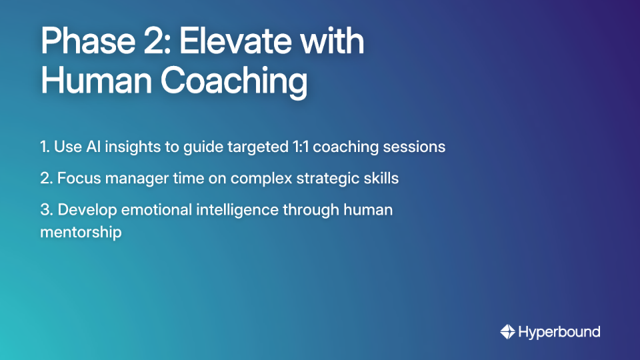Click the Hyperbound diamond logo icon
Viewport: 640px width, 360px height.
pos(507,331)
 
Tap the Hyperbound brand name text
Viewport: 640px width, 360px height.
pos(559,331)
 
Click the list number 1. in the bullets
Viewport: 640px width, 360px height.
pos(45,147)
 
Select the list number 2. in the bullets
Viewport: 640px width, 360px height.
pos(46,178)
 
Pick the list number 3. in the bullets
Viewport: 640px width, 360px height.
pos(47,209)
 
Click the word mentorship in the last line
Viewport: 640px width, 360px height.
pos(81,233)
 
